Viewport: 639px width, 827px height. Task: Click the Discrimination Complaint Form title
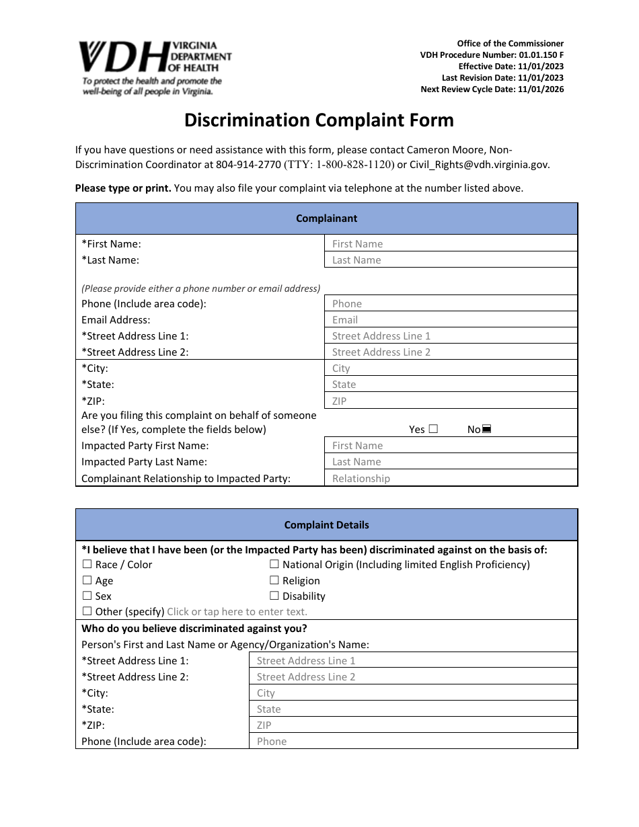[319, 120]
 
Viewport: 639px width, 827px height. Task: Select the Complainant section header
[326, 219]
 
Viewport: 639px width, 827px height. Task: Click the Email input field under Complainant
[451, 320]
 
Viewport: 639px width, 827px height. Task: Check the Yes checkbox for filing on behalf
[433, 430]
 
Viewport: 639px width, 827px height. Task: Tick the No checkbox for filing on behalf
[487, 430]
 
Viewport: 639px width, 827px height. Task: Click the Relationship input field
[451, 479]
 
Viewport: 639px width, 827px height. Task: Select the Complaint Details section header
[326, 525]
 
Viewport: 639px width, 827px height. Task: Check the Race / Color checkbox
[87, 565]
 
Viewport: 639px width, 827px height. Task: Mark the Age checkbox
[87, 580]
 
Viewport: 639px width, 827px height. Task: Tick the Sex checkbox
[87, 596]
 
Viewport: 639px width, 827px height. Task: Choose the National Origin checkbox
[274, 565]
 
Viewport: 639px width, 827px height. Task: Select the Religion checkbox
[274, 580]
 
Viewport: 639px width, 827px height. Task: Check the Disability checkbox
[274, 596]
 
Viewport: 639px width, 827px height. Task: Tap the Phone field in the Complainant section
[451, 304]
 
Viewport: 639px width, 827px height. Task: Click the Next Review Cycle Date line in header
[492, 89]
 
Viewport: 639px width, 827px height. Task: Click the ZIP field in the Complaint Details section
[413, 725]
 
